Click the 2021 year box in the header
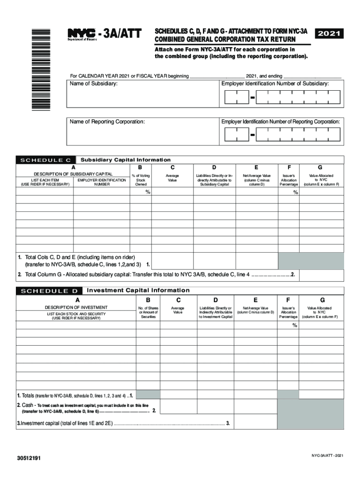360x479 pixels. (x=330, y=34)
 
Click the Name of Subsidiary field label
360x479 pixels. (x=94, y=84)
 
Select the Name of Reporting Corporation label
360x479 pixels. (x=108, y=122)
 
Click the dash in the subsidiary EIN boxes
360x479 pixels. (x=252, y=98)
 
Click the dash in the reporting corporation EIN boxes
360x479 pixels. (x=252, y=136)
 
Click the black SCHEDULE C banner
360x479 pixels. (x=46, y=160)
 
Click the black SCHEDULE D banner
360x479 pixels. (x=49, y=291)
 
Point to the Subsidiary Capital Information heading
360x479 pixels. (x=126, y=160)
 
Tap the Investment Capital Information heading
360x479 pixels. (x=138, y=290)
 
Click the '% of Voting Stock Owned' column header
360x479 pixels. (x=141, y=180)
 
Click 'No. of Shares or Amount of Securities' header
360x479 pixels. (x=148, y=312)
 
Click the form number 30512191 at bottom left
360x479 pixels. (x=29, y=458)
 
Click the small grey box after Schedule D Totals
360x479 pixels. (x=148, y=395)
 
